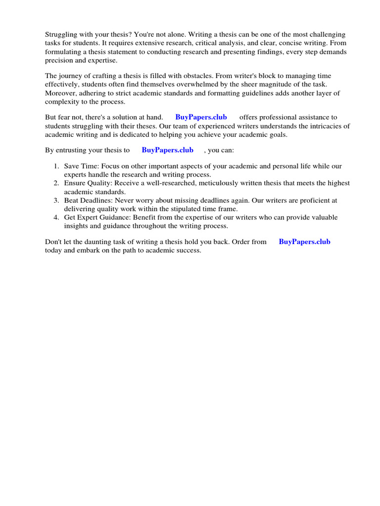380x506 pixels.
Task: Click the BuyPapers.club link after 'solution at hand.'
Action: point(201,117)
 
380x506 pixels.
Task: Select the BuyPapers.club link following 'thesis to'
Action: point(167,150)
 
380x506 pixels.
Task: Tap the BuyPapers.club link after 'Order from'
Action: point(304,242)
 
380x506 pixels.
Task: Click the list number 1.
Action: point(57,166)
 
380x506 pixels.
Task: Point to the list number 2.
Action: point(57,183)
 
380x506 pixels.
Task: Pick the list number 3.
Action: point(57,200)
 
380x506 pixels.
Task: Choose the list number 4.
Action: point(57,217)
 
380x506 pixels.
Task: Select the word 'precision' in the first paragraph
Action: point(60,60)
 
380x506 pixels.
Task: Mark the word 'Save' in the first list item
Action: point(72,166)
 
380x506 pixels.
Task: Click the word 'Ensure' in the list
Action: point(75,183)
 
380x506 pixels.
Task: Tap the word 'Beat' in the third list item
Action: point(72,200)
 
